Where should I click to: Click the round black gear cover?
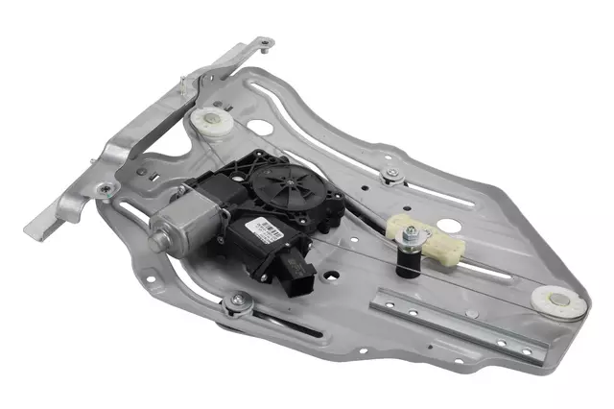click(286, 182)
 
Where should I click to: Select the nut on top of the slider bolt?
click(411, 231)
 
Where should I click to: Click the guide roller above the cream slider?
click(389, 174)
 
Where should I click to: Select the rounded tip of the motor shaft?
click(153, 230)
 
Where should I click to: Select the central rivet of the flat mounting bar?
click(454, 324)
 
